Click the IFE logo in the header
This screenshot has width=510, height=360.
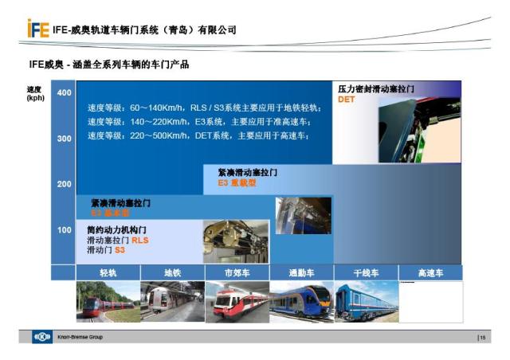[37, 30]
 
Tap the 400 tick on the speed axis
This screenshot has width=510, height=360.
[64, 93]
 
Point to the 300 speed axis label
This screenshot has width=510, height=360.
[64, 139]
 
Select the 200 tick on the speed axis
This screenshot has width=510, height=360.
[64, 184]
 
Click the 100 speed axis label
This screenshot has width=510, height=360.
[64, 230]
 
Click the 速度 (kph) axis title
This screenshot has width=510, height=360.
[35, 94]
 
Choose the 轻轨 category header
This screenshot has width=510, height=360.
[108, 273]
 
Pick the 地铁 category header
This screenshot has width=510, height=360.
[172, 273]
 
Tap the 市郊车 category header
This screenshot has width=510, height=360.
[237, 273]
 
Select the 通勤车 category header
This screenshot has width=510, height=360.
[301, 273]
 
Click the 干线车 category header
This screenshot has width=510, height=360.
[366, 273]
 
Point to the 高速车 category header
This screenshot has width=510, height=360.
[430, 273]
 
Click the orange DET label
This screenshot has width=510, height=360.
[345, 100]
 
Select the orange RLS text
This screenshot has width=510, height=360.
[140, 240]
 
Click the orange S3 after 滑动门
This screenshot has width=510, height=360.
[120, 249]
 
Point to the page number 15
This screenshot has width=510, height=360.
[482, 338]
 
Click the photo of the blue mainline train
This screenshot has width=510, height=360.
[366, 302]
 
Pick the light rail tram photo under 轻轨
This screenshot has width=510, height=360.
[108, 302]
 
